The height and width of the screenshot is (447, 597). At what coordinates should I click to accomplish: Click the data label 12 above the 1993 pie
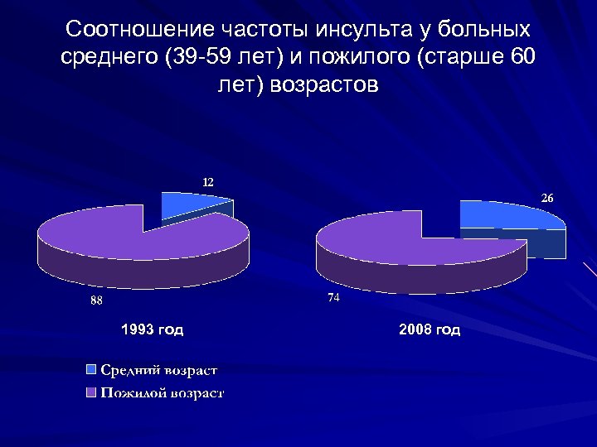point(207,180)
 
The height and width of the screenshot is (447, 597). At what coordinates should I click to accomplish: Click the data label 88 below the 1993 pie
point(97,301)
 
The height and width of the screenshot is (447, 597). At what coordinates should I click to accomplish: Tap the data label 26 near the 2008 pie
point(548,199)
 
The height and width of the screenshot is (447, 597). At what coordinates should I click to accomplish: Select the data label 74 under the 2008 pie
point(332,297)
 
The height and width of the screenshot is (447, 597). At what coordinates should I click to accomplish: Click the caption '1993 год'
point(153,329)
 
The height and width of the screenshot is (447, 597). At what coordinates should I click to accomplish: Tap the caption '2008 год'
point(430,329)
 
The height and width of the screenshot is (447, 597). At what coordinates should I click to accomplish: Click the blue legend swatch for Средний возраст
point(91,369)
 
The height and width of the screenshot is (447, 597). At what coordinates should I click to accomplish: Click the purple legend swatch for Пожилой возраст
point(91,392)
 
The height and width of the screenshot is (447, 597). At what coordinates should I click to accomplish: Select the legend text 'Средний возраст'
point(159,369)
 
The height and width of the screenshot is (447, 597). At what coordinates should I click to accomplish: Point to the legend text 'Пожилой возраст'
point(163,392)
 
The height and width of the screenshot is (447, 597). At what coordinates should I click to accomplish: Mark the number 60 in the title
point(521,57)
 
